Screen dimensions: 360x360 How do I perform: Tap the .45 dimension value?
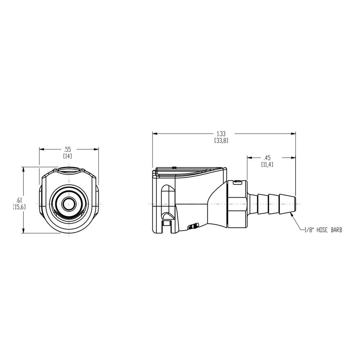tap(267, 158)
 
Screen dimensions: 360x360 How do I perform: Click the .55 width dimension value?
tap(67, 149)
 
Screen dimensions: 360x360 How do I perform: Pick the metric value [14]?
tap(67, 156)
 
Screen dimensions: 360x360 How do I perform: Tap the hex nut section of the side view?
tap(237, 204)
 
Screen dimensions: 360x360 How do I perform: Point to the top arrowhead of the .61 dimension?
tap(23, 168)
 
